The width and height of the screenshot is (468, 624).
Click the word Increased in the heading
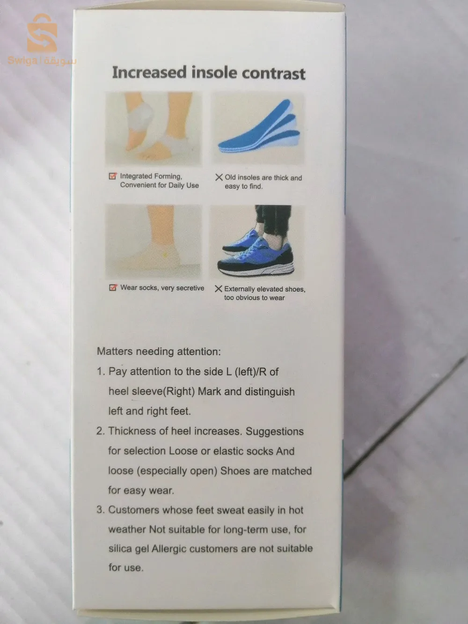[149, 72]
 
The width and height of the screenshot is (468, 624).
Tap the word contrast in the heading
[273, 73]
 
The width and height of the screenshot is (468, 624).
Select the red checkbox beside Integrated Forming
[113, 176]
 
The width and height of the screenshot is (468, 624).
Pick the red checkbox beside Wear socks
[113, 287]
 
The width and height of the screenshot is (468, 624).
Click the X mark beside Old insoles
[219, 177]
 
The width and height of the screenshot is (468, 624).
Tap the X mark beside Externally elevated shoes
[218, 289]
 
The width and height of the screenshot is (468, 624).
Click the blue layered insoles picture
[257, 128]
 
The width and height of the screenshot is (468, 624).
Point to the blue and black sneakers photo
[257, 242]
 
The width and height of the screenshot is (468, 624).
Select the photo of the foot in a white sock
[154, 242]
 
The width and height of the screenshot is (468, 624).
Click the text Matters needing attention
[159, 352]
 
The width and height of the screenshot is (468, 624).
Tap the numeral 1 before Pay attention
[100, 372]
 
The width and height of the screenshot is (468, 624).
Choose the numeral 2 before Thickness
[100, 431]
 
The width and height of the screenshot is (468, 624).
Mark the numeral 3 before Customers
[100, 510]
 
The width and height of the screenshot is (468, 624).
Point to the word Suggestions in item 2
[275, 432]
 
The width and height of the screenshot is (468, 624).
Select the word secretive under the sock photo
[190, 288]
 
